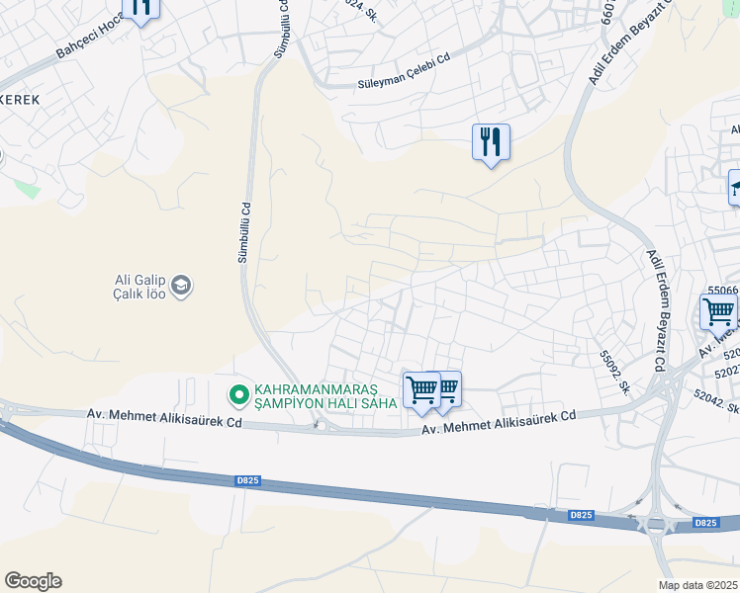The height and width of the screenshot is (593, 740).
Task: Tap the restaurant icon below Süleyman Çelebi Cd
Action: (491, 142)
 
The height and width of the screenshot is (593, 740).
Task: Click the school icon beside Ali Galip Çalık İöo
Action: (181, 287)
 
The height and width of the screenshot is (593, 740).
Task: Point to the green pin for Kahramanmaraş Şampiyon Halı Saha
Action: (238, 395)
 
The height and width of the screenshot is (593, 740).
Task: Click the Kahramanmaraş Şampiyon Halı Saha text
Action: (325, 395)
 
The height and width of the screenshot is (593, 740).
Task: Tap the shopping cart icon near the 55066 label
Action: (718, 312)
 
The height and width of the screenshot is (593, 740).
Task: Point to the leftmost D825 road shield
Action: (247, 480)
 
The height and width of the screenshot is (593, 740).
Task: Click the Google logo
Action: (33, 580)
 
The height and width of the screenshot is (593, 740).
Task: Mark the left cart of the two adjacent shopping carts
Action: (421, 390)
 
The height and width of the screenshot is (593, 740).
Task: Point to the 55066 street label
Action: (722, 290)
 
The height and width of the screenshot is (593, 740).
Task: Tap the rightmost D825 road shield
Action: (705, 523)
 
